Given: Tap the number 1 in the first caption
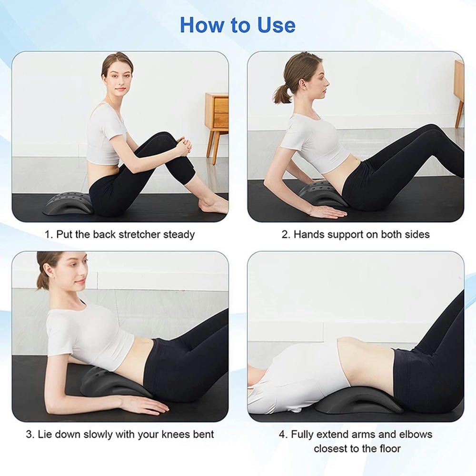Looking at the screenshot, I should [48, 234].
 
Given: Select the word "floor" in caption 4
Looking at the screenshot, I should [388, 448].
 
